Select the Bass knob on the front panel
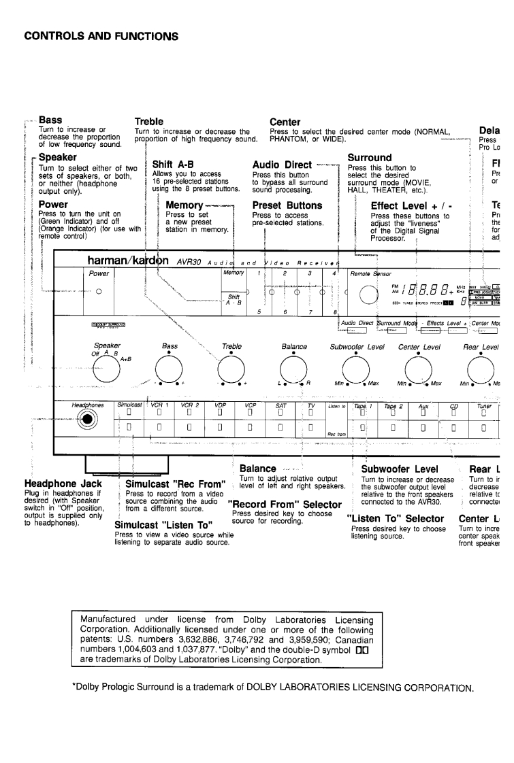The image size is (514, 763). pos(169,369)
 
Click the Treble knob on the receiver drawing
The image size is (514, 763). pos(231,369)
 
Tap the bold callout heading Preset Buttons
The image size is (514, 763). pos(287,205)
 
